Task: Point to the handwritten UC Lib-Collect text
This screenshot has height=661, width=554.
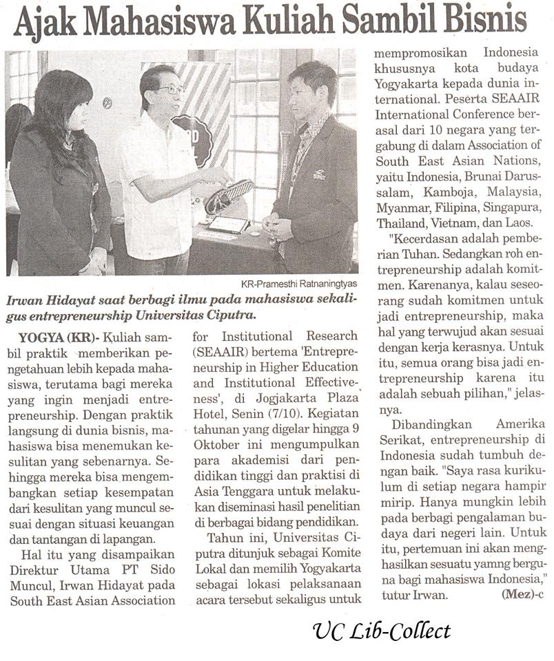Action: pyautogui.click(x=380, y=631)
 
